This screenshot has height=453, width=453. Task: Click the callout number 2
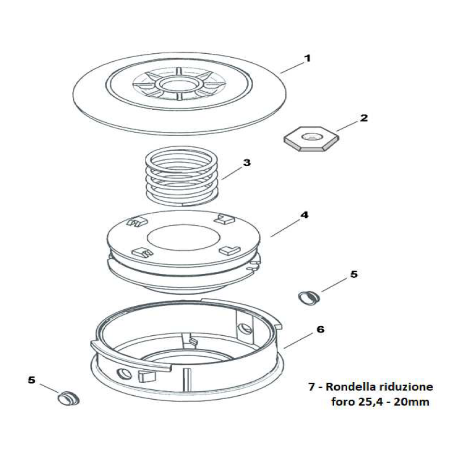click(x=364, y=118)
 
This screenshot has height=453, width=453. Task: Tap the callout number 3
click(x=246, y=163)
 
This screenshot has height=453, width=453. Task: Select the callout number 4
click(x=304, y=215)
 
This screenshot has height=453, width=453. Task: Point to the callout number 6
click(x=320, y=329)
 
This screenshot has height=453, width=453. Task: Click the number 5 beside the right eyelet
click(x=354, y=274)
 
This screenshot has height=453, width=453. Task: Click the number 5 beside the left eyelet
click(x=32, y=380)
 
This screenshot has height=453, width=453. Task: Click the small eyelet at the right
click(x=309, y=297)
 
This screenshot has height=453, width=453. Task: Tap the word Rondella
click(x=346, y=387)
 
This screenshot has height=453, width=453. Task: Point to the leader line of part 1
click(x=292, y=66)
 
